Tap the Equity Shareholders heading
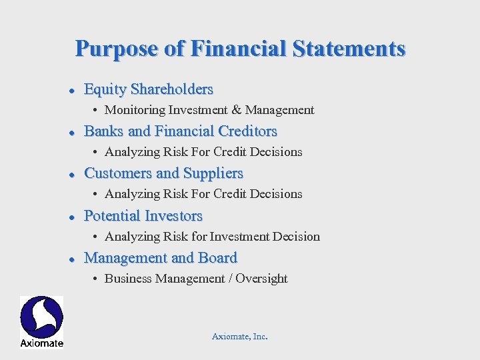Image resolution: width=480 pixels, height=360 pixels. tap(149, 89)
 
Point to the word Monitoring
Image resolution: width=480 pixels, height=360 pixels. tap(135, 110)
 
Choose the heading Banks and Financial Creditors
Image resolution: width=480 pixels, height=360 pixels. tap(180, 131)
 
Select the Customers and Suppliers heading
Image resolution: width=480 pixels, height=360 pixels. tap(163, 173)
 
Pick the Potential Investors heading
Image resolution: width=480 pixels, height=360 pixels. tap(143, 216)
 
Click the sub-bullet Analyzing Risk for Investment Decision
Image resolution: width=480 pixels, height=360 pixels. tap(212, 237)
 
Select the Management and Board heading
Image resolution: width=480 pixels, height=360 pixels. tap(160, 258)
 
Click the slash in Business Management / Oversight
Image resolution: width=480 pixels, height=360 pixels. tap(231, 279)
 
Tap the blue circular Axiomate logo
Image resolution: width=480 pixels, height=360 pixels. tap(41, 317)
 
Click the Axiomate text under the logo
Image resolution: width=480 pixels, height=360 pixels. tap(41, 343)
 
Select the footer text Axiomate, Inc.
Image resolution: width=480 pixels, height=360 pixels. tap(239, 337)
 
